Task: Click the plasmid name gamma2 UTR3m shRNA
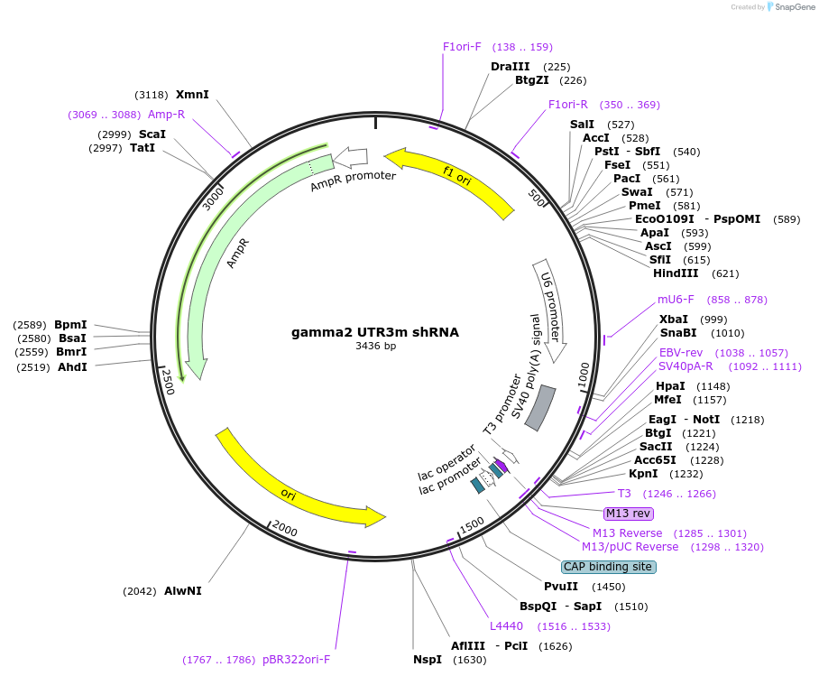click(x=374, y=332)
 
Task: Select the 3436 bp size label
click(x=375, y=346)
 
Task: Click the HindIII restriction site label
click(x=676, y=273)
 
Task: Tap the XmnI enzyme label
click(x=192, y=94)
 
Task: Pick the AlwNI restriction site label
click(x=183, y=591)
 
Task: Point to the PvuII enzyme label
click(x=561, y=587)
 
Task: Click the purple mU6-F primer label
click(x=676, y=300)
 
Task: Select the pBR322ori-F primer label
click(x=297, y=660)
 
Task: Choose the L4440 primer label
click(x=506, y=626)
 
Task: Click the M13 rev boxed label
click(x=628, y=514)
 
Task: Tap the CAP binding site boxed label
click(x=608, y=567)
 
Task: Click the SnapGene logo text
click(x=789, y=7)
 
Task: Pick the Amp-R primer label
click(x=166, y=115)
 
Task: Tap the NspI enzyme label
click(x=428, y=660)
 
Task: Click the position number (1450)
click(x=609, y=587)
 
